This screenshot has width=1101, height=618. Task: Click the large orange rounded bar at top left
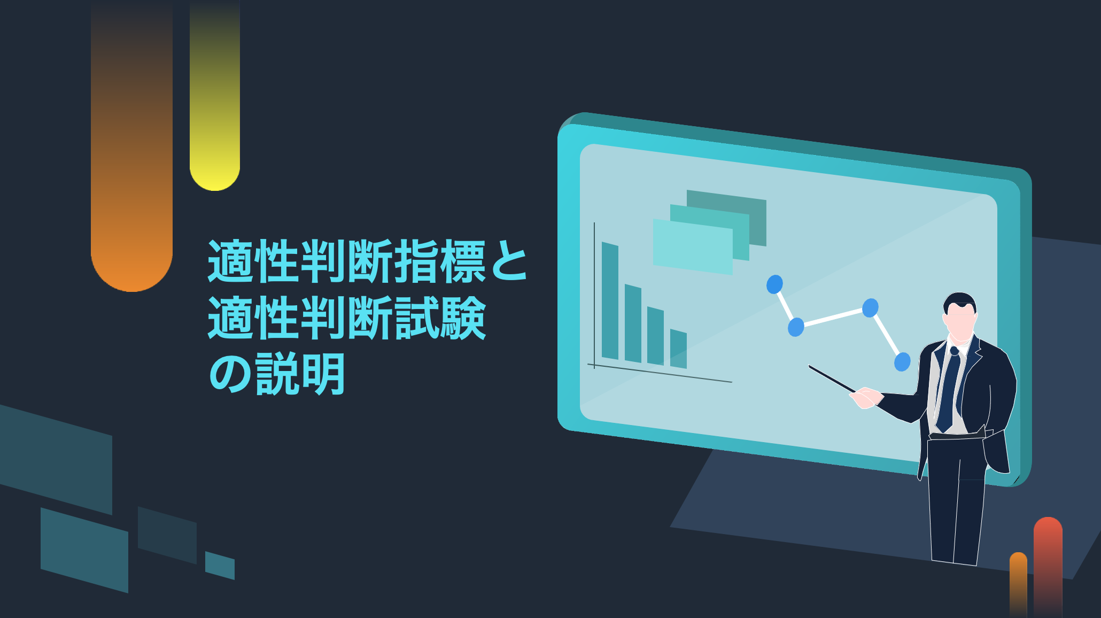pyautogui.click(x=131, y=145)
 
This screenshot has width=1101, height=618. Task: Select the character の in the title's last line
pyautogui.click(x=230, y=374)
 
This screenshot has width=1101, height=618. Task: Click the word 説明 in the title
pyautogui.click(x=300, y=374)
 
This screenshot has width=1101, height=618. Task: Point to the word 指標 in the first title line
pyautogui.click(x=417, y=261)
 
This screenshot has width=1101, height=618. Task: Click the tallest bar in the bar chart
pyautogui.click(x=610, y=301)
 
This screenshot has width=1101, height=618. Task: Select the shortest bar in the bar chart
pyautogui.click(x=678, y=349)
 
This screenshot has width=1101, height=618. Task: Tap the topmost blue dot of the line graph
pyautogui.click(x=774, y=284)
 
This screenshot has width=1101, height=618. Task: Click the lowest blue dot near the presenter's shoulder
pyautogui.click(x=902, y=362)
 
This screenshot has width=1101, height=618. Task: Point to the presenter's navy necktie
pyautogui.click(x=949, y=390)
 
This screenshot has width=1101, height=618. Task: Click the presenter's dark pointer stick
pyautogui.click(x=833, y=378)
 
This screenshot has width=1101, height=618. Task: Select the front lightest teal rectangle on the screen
pyautogui.click(x=693, y=247)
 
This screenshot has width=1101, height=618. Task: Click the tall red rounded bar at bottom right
pyautogui.click(x=1048, y=567)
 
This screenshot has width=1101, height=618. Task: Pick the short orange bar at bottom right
pyautogui.click(x=1018, y=585)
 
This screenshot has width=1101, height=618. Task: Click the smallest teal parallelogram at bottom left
pyautogui.click(x=220, y=566)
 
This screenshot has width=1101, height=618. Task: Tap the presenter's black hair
pyautogui.click(x=960, y=302)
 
